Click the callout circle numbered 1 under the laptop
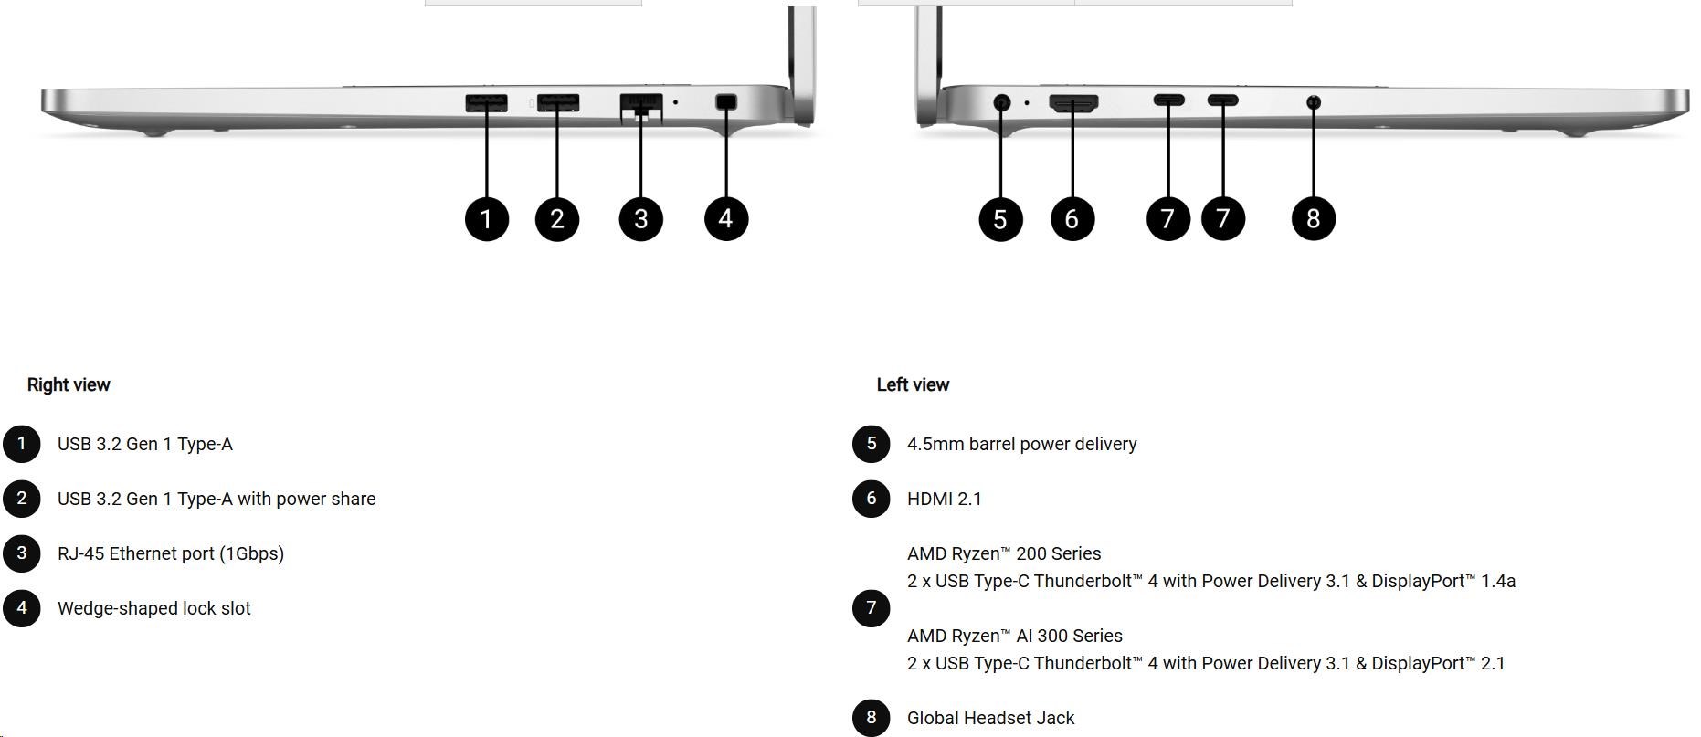(x=486, y=219)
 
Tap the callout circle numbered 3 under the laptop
(x=640, y=219)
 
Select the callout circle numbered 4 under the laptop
(x=726, y=219)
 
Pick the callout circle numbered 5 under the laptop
(x=1000, y=219)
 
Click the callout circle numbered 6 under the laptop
(x=1072, y=219)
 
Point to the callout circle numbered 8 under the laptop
(x=1314, y=219)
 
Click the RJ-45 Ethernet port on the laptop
(x=640, y=103)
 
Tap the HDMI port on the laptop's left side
(x=1073, y=103)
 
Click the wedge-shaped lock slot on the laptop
(x=726, y=102)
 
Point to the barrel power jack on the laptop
(x=1001, y=102)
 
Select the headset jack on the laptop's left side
(x=1314, y=102)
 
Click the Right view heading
(x=69, y=384)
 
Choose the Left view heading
(x=913, y=384)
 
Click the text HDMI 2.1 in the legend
(x=944, y=499)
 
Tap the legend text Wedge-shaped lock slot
(x=153, y=608)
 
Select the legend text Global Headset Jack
(x=990, y=718)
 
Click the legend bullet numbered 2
(x=22, y=499)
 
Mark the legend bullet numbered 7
(x=872, y=608)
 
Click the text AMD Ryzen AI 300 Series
(x=1014, y=636)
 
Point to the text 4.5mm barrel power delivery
(x=1021, y=444)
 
